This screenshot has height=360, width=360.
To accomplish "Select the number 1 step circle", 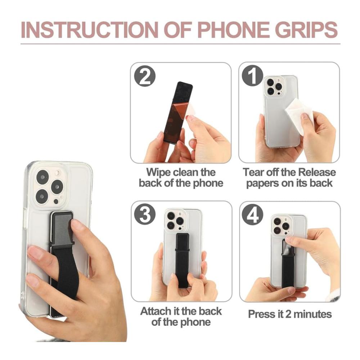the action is coord(253,76).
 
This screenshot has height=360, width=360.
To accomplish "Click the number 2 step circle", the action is coord(145,76).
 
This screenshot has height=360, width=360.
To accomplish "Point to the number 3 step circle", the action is coord(145,215).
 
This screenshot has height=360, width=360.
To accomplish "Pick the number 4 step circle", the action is coord(253,215).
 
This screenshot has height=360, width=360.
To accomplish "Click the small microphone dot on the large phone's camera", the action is coord(56,201).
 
